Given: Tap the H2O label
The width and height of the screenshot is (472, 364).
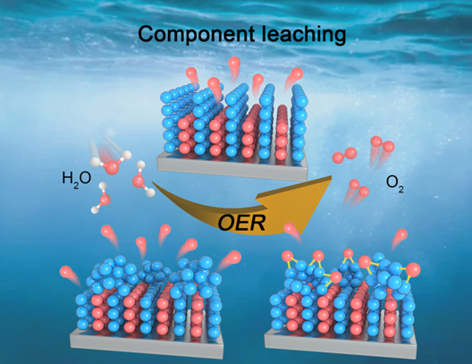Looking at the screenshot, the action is (x=77, y=179).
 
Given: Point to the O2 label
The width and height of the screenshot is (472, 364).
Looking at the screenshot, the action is (x=394, y=183).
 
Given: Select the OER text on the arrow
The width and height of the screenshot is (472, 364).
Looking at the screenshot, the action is (x=241, y=224).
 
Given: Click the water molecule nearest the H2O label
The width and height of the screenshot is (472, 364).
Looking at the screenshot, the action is (x=111, y=163).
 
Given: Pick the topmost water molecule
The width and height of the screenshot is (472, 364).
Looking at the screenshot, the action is (x=111, y=163).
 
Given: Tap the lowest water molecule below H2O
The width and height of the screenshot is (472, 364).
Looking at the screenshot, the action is (x=103, y=199).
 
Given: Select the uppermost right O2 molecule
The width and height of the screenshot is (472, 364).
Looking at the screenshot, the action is (x=382, y=143).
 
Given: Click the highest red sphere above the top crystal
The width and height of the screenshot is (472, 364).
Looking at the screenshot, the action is (x=234, y=63).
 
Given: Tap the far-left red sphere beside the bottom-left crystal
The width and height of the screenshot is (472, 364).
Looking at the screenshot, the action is (x=66, y=272).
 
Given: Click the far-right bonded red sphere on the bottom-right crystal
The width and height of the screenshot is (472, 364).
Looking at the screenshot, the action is (x=413, y=270).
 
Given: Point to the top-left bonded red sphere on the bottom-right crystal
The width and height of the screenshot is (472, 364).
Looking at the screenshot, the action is (x=288, y=256).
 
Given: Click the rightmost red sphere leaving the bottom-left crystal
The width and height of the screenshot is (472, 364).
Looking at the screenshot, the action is (x=235, y=257).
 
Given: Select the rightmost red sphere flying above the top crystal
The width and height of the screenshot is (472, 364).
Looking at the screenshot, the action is (x=297, y=73).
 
